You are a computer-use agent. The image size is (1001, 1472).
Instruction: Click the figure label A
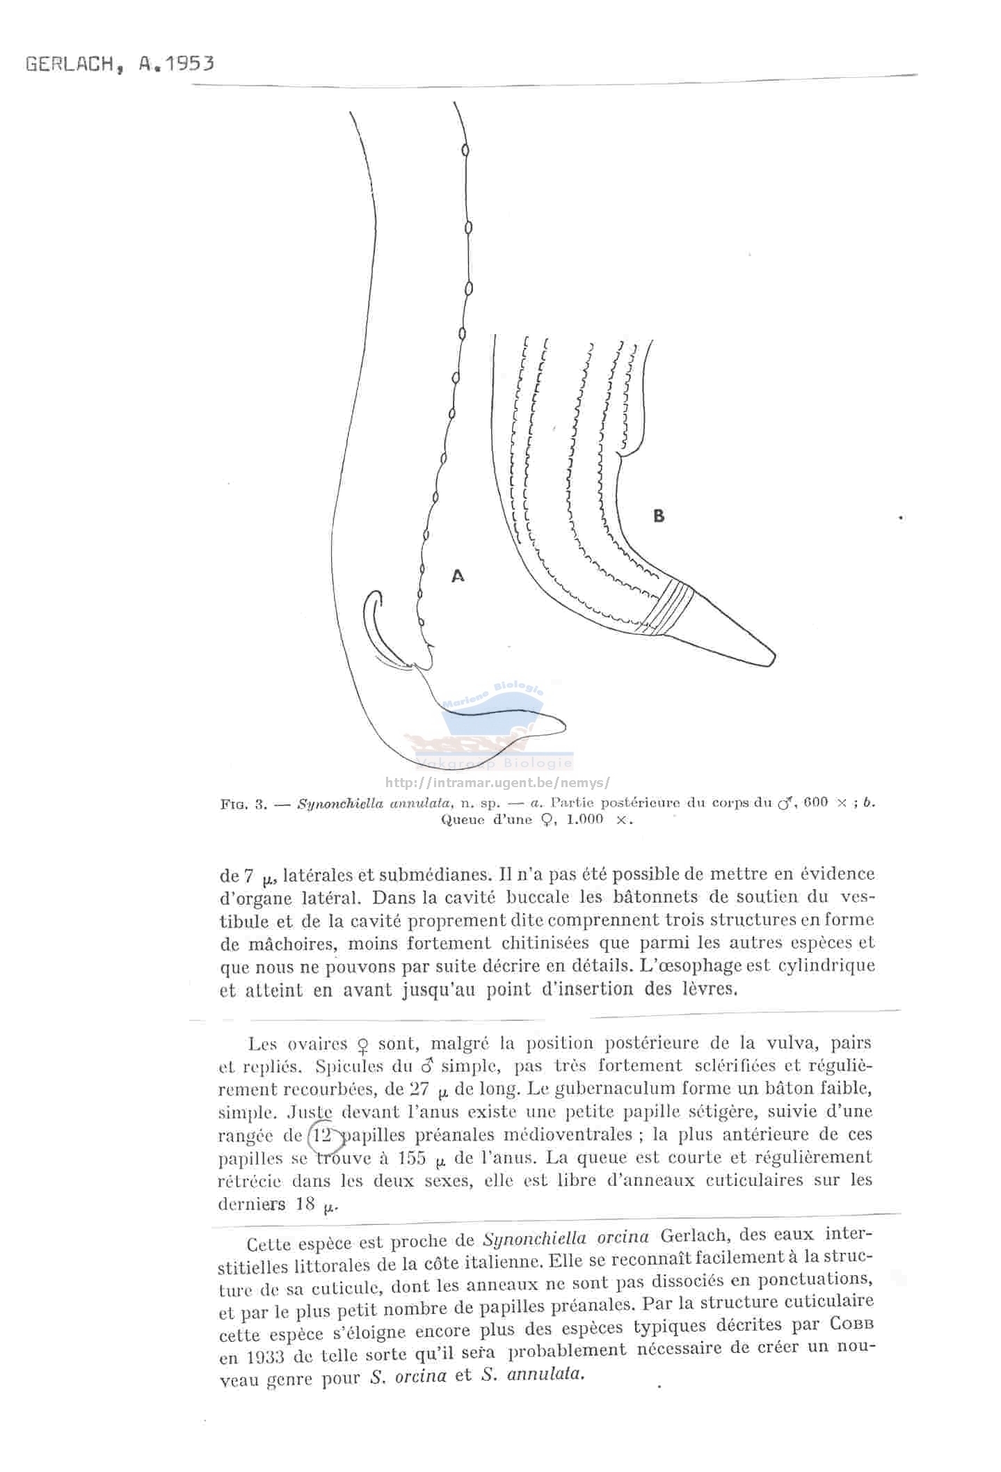click(x=458, y=576)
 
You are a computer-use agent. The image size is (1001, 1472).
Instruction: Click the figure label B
click(x=658, y=516)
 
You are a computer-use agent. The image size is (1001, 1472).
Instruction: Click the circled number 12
click(x=323, y=1135)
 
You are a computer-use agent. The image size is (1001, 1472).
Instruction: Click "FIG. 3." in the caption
click(x=243, y=805)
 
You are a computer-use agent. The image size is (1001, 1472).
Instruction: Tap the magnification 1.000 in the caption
click(x=584, y=819)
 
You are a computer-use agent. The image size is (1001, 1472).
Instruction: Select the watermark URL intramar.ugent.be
click(x=497, y=782)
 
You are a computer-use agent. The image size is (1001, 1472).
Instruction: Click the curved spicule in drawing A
click(x=379, y=626)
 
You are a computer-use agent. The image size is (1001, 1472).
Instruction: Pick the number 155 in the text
click(x=407, y=1158)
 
